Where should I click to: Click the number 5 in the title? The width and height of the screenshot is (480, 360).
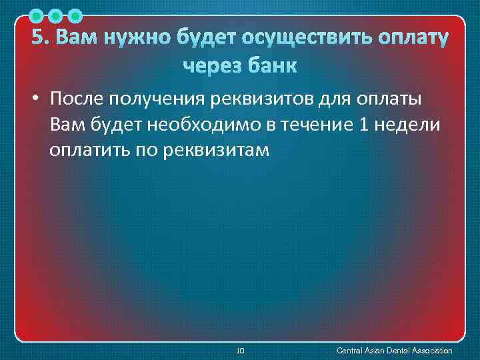[39, 38]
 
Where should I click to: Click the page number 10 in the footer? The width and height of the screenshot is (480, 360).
[241, 350]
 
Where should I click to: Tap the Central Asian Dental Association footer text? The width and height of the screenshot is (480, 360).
[395, 350]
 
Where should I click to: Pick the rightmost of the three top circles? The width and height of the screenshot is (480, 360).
[75, 15]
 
